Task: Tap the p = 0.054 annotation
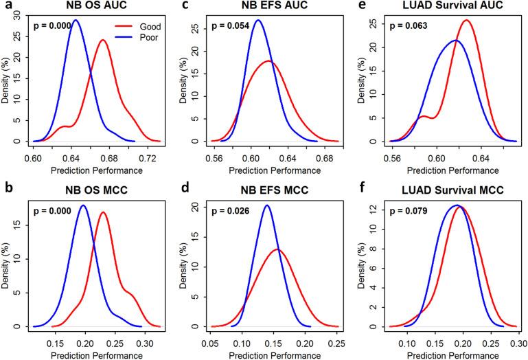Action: (230, 26)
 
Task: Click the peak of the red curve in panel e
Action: (466, 20)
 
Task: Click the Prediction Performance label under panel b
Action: (97, 355)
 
